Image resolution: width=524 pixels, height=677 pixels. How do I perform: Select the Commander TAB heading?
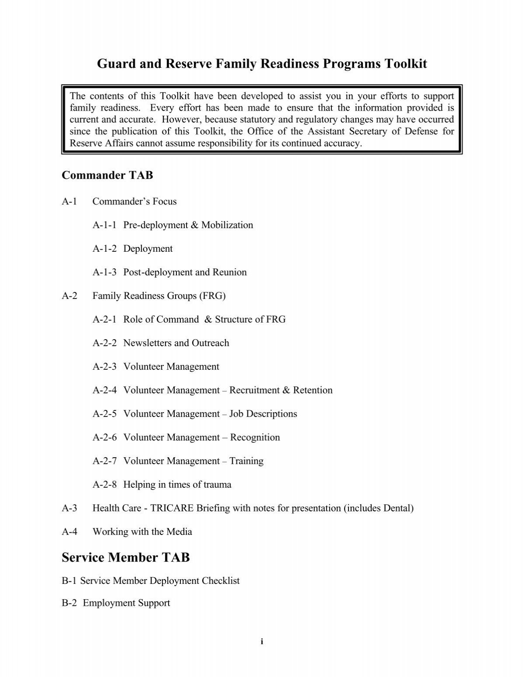point(107,175)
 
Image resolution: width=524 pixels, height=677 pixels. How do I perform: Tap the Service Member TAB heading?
point(126,557)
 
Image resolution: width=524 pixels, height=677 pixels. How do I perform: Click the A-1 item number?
point(69,201)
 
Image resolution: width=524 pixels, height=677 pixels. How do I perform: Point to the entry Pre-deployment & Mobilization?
point(188,225)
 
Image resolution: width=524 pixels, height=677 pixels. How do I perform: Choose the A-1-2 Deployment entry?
point(133,249)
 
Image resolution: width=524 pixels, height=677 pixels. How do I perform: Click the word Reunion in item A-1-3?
point(229,272)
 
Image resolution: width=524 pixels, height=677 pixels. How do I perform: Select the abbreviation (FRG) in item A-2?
point(212,296)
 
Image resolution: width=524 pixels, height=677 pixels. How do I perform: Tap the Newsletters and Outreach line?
point(176,343)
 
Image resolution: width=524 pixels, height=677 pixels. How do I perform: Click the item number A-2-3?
point(104,367)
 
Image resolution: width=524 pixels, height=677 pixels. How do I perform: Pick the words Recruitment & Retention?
point(281,390)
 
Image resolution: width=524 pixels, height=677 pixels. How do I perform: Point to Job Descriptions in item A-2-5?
point(263,414)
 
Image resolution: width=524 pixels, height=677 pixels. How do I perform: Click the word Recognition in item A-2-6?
point(255,437)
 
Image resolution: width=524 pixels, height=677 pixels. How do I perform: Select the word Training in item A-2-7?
point(246,461)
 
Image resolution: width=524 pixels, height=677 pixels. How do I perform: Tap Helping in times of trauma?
point(177,485)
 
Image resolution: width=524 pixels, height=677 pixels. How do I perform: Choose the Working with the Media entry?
point(142,532)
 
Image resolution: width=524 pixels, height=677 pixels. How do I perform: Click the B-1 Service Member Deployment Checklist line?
point(151,581)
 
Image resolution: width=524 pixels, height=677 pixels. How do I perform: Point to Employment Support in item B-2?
point(126,603)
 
